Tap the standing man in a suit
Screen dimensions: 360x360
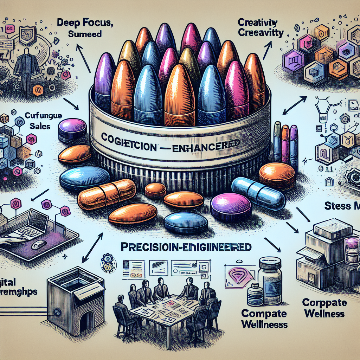click(26, 72)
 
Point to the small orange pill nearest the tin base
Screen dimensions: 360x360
click(155, 190)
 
